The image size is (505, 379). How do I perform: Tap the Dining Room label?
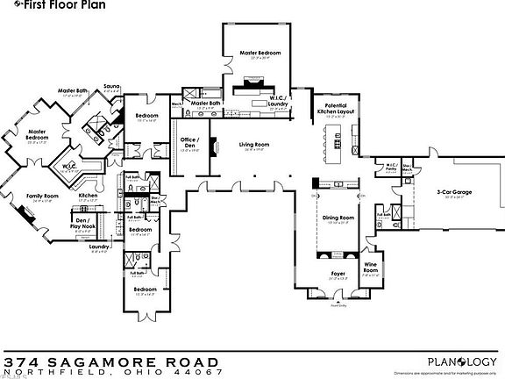tap(338, 218)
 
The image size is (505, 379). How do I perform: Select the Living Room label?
tap(255, 145)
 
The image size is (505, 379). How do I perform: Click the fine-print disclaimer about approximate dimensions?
tap(457, 373)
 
